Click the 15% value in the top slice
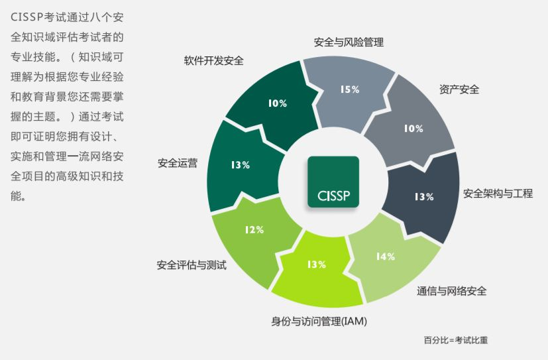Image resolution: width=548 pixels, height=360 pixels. click(x=350, y=90)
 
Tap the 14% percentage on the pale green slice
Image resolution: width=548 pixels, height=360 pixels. click(x=386, y=257)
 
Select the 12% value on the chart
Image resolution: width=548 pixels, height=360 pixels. click(x=254, y=229)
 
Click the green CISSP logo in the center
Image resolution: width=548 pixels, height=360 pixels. click(x=333, y=182)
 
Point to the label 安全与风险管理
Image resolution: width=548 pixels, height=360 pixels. click(x=349, y=42)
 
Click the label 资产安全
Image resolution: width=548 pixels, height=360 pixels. click(x=459, y=89)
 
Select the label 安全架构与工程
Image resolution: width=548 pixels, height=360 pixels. click(x=498, y=194)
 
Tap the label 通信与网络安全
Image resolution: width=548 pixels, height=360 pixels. click(x=451, y=291)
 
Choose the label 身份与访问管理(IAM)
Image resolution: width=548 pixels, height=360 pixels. click(x=319, y=321)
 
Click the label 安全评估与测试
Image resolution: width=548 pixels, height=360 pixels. click(x=192, y=265)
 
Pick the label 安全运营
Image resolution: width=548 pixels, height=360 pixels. click(x=178, y=163)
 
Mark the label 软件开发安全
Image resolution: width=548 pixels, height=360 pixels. click(x=213, y=60)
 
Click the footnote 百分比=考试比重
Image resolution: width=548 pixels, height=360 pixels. click(x=456, y=339)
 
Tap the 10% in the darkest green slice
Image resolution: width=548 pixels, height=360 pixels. click(x=278, y=103)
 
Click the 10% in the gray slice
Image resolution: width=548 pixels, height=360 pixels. click(x=413, y=129)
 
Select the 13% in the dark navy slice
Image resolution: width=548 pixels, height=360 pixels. click(x=424, y=197)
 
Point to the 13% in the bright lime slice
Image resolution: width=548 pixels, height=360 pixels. click(x=317, y=265)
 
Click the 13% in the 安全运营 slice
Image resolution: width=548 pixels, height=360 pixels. click(x=241, y=164)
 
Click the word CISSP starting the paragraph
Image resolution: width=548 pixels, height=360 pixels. click(x=27, y=17)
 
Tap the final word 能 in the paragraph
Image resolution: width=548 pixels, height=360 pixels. click(x=16, y=196)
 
